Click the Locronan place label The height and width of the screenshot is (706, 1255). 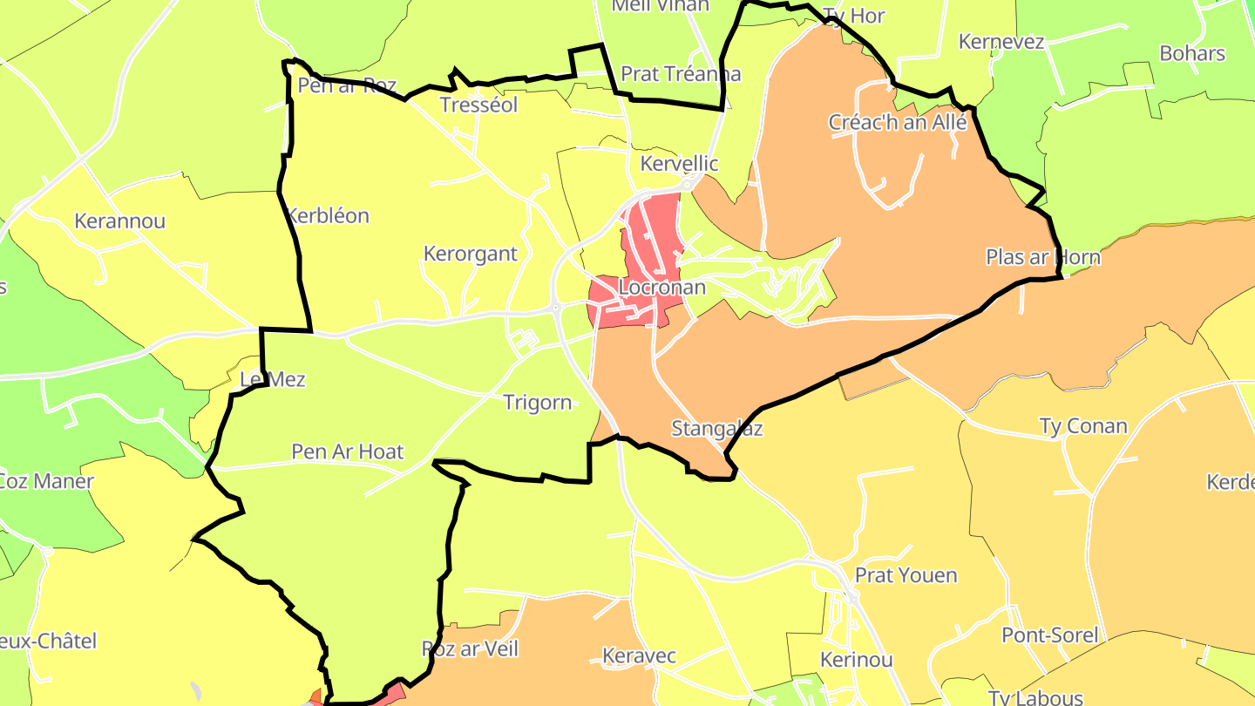click(x=661, y=287)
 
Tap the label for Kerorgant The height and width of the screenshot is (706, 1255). click(x=470, y=254)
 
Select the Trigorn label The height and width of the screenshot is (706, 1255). click(x=538, y=403)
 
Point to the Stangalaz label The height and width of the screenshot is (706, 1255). click(x=717, y=429)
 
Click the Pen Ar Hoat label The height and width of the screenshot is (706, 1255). click(x=348, y=451)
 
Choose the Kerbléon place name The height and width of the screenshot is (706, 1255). click(x=328, y=215)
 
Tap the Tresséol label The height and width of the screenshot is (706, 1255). click(x=479, y=105)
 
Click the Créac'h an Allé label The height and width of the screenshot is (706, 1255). click(x=898, y=122)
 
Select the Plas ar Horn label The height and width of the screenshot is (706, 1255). click(x=1043, y=257)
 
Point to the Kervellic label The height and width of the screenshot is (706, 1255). click(x=679, y=163)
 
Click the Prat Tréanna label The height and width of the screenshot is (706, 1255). click(x=681, y=74)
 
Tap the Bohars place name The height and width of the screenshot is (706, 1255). click(x=1192, y=53)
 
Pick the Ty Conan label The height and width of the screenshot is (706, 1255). click(x=1083, y=426)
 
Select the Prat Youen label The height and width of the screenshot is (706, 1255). click(x=906, y=575)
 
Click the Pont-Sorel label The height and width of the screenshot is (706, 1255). click(x=1050, y=635)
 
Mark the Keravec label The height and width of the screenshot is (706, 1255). click(x=640, y=655)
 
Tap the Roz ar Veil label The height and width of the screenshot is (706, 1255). click(x=470, y=648)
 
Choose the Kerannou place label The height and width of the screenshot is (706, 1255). click(x=119, y=221)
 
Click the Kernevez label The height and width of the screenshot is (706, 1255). click(x=1001, y=42)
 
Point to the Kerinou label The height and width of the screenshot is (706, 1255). click(x=857, y=660)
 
